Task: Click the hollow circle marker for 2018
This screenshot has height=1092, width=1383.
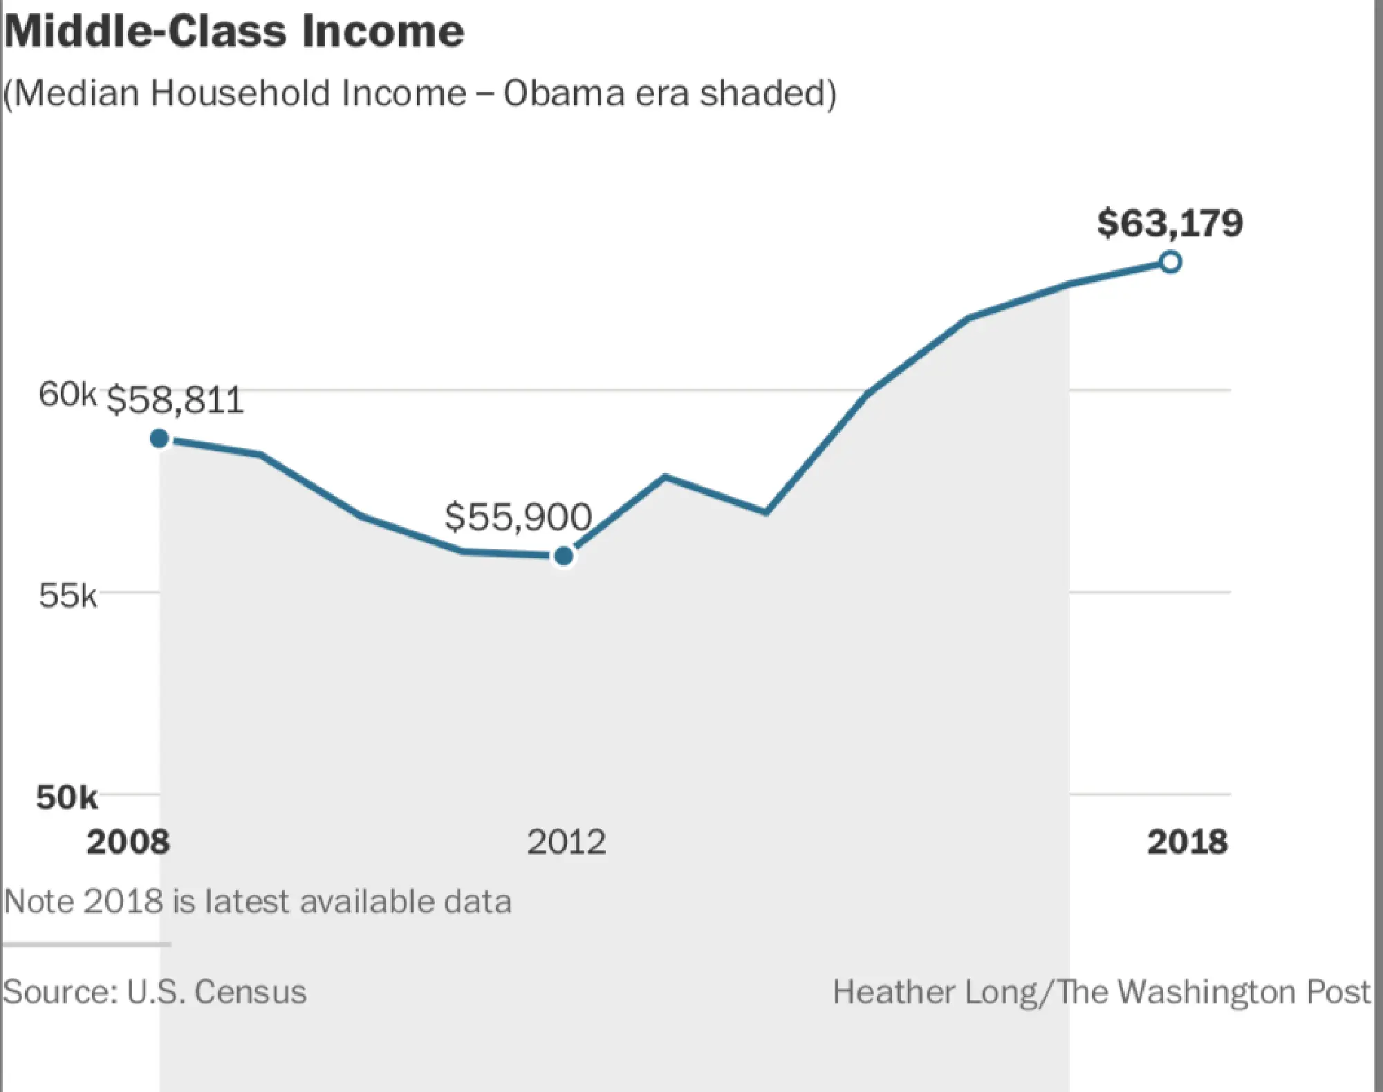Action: click(1170, 262)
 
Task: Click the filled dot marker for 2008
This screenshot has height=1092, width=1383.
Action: click(160, 438)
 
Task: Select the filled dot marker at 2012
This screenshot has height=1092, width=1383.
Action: click(564, 555)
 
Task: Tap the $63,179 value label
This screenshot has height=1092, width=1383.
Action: click(1170, 223)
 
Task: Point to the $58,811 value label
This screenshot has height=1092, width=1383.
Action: click(176, 400)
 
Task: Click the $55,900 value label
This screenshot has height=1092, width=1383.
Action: click(518, 517)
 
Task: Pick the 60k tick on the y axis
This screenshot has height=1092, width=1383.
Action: click(67, 394)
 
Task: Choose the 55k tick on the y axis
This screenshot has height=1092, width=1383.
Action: click(67, 595)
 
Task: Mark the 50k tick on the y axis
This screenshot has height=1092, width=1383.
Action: click(66, 797)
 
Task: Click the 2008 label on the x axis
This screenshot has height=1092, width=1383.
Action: click(128, 842)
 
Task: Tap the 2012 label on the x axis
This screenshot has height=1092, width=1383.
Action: click(566, 842)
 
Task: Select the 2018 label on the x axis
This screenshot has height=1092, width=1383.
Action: click(1187, 842)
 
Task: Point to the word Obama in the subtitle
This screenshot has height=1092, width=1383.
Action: click(564, 93)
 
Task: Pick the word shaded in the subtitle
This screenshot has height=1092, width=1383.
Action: click(762, 93)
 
